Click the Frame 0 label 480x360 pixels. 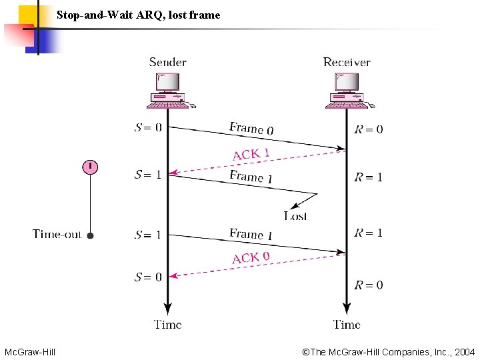tap(251, 128)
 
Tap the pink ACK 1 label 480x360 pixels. tap(251, 154)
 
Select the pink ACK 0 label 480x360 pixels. tap(251, 257)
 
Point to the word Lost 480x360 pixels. tap(295, 215)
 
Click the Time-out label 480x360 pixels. tap(57, 234)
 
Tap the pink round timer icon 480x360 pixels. tap(90, 167)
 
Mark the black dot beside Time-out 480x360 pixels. tap(91, 235)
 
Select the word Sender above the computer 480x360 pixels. tap(168, 62)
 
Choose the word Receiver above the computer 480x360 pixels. tap(347, 62)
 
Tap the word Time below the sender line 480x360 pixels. tap(168, 325)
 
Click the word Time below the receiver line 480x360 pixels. tap(347, 325)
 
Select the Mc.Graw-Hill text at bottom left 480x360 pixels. tap(30, 351)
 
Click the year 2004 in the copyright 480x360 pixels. tap(464, 351)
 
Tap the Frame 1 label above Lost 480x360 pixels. tap(251, 177)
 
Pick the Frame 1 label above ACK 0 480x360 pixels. tap(251, 234)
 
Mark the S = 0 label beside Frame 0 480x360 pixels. tap(148, 127)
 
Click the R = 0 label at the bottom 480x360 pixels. tap(369, 285)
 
